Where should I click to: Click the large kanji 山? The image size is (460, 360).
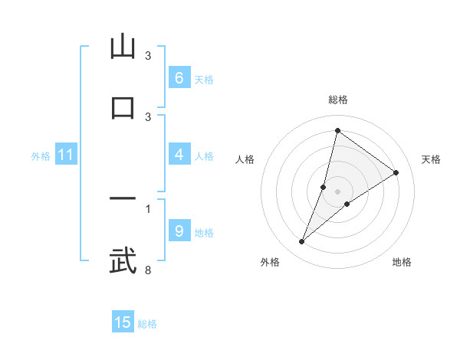coord(123,47)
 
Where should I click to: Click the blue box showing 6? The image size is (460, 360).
coord(179,77)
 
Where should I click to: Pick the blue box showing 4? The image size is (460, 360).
coord(179,155)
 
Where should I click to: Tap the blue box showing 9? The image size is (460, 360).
coord(179,231)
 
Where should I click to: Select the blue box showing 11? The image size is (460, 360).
coord(65,155)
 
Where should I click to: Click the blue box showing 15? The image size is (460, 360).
coord(123,322)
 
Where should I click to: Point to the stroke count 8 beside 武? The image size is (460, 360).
coord(148,270)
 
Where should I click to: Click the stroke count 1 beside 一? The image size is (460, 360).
coord(148,208)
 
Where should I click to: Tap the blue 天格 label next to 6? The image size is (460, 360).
coord(204,79)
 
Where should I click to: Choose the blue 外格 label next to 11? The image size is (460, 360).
coord(41,155)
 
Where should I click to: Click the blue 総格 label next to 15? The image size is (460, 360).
coord(147,323)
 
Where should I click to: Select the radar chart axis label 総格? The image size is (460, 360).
coord(337,100)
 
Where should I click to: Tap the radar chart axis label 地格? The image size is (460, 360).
coord(402,262)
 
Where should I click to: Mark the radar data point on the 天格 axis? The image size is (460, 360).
coord(396,172)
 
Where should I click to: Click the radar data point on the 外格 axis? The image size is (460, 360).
coord(302,242)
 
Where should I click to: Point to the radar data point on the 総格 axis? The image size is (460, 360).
coord(337,130)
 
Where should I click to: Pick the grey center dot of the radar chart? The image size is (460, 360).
coord(337,191)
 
